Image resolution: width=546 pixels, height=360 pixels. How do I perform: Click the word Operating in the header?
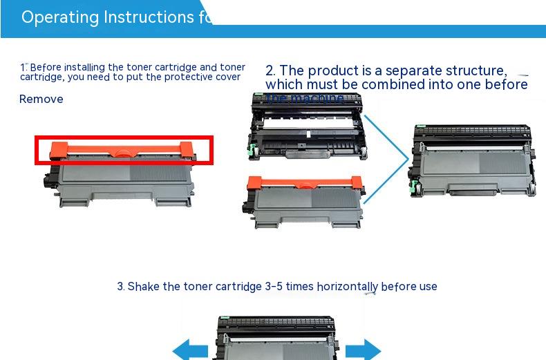[x=60, y=17]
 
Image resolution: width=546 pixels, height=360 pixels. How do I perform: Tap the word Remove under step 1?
[x=41, y=100]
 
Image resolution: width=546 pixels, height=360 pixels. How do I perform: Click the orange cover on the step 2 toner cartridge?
[x=303, y=184]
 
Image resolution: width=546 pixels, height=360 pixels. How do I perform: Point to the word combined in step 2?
[x=388, y=84]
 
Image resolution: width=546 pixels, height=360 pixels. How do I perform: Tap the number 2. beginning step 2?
[x=270, y=70]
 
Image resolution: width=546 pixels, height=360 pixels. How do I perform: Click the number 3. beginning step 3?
[x=120, y=286]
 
